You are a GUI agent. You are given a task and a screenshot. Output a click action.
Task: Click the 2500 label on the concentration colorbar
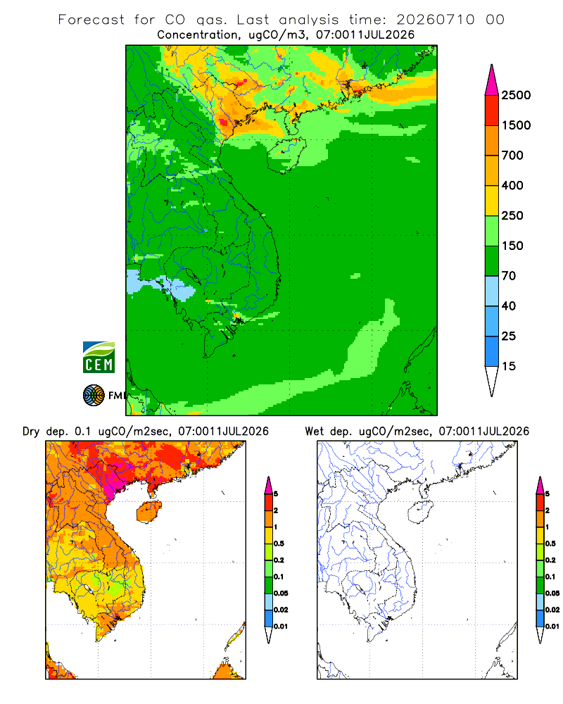coord(516,95)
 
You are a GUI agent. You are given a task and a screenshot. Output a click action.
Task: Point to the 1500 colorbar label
coord(516,125)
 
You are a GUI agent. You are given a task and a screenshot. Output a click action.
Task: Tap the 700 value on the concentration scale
coord(512,156)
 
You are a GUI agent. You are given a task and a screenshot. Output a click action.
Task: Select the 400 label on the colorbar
coord(512,185)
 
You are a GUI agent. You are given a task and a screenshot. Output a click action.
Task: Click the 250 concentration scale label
coord(512,215)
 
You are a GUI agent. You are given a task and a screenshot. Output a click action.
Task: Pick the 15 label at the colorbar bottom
coord(509,366)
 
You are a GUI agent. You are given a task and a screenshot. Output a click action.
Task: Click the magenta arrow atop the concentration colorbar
coord(492,80)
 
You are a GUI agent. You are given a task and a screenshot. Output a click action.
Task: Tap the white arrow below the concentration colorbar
coord(492,382)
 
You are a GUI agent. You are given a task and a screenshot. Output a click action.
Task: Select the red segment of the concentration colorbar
coord(492,111)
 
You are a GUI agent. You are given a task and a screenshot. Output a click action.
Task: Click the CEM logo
coord(99,358)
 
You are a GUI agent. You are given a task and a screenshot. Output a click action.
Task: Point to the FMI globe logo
coord(94,396)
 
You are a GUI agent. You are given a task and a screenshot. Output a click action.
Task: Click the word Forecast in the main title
coord(91,20)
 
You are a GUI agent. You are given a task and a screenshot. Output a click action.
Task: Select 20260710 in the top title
coord(436,20)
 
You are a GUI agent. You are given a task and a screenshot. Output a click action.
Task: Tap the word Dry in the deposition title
coord(31,432)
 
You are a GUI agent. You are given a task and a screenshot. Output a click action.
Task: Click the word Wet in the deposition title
coord(314,432)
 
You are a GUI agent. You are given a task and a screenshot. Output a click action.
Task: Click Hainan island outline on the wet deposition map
coord(421,512)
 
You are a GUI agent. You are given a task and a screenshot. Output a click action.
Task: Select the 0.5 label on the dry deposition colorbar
coord(279,543)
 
